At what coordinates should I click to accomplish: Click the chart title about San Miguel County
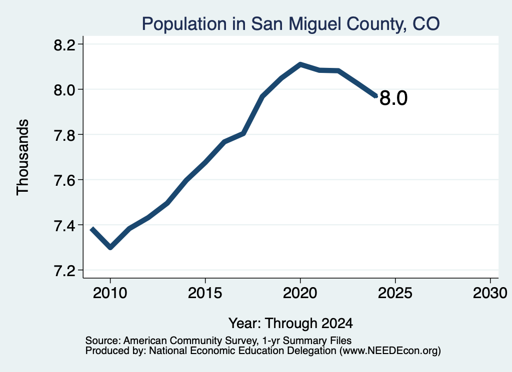click(290, 24)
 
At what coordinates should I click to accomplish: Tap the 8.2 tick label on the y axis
click(64, 44)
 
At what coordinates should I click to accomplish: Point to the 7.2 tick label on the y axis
click(64, 271)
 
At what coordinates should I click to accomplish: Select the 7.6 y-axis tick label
click(64, 180)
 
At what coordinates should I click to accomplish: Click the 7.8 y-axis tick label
click(64, 135)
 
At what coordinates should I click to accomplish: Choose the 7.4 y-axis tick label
click(64, 226)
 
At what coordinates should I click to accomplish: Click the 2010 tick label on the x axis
click(110, 293)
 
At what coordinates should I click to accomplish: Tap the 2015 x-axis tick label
click(205, 293)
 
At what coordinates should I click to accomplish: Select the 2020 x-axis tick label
click(300, 293)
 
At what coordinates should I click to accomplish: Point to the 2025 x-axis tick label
click(395, 293)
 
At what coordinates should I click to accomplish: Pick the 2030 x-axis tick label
click(490, 293)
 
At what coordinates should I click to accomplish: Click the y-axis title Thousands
click(23, 157)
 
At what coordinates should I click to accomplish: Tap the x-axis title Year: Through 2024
click(290, 324)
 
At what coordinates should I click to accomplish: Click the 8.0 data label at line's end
click(393, 98)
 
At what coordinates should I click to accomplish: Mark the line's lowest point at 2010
click(110, 248)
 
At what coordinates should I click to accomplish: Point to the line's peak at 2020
click(300, 64)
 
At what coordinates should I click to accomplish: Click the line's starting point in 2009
click(92, 229)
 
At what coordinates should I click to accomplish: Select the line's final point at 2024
click(376, 96)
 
